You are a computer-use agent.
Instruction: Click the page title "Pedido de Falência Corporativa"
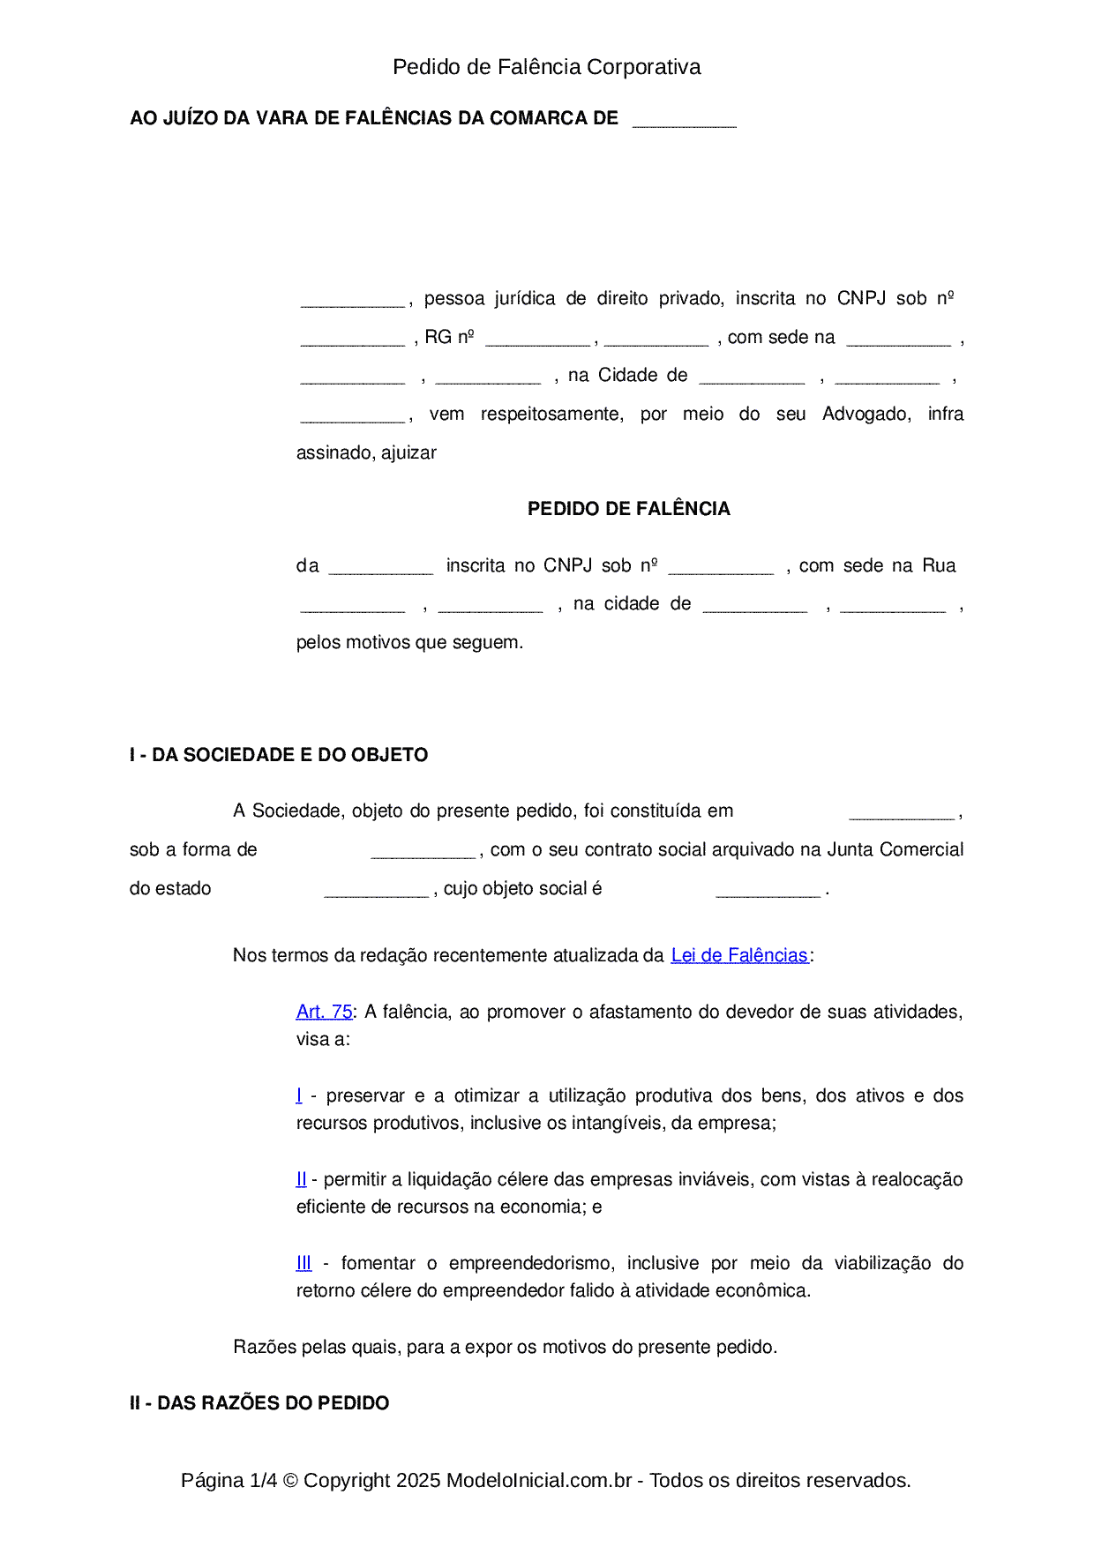(546, 67)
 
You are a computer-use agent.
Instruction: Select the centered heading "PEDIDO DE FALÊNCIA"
(628, 509)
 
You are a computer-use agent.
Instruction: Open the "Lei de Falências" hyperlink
(739, 955)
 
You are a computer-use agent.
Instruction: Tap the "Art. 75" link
(324, 1012)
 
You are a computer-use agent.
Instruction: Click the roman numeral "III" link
(303, 1263)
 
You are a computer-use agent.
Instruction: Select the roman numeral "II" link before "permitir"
(301, 1179)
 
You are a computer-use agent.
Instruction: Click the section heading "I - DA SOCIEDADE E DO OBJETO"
(279, 755)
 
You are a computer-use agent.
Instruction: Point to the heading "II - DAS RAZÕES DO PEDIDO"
(259, 1403)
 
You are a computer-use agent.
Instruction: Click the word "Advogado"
(866, 415)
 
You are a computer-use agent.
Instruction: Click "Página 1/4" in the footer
(229, 1480)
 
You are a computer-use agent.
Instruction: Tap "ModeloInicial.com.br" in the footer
(539, 1480)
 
